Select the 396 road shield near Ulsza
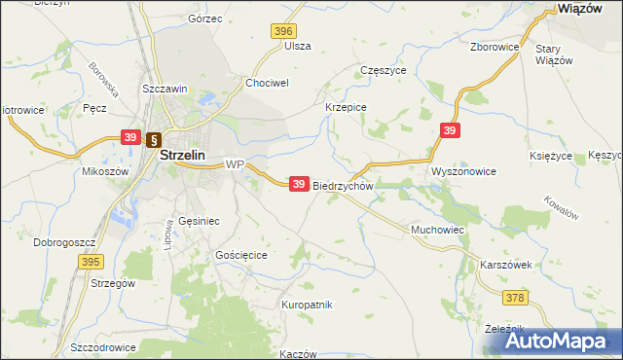click(283, 31)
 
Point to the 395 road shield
click(92, 262)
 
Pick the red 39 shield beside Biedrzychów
click(300, 183)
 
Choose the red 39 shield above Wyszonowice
click(449, 129)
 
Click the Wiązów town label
click(584, 8)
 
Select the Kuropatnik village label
click(307, 305)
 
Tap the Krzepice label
click(345, 108)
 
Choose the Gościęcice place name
click(240, 254)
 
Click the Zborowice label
click(493, 46)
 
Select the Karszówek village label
click(505, 265)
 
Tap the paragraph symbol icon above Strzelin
click(154, 138)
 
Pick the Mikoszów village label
click(106, 171)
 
